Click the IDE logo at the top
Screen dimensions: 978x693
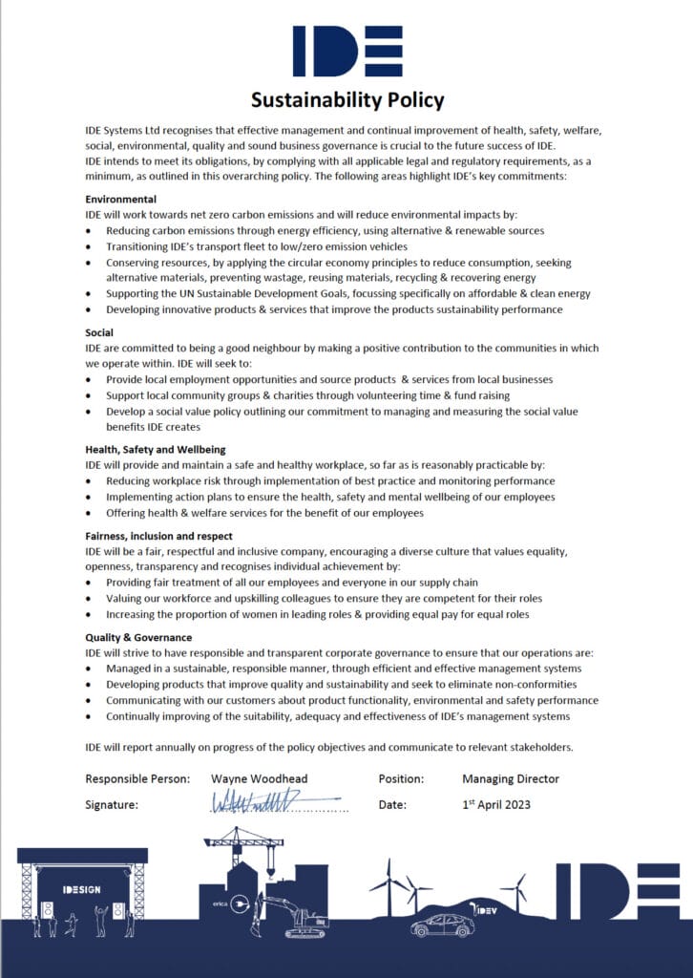point(346,51)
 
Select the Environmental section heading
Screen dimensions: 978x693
point(120,199)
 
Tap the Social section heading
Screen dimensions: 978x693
point(99,332)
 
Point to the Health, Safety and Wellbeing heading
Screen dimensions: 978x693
point(155,449)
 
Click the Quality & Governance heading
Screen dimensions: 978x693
point(138,637)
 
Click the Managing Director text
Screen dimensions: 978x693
point(511,779)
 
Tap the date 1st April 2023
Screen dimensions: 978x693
point(495,804)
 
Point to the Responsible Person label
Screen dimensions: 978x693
point(137,779)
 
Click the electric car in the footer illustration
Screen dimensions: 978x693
point(442,925)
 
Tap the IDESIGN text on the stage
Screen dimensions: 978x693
point(82,890)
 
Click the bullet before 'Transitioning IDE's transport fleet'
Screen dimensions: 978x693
point(90,246)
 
